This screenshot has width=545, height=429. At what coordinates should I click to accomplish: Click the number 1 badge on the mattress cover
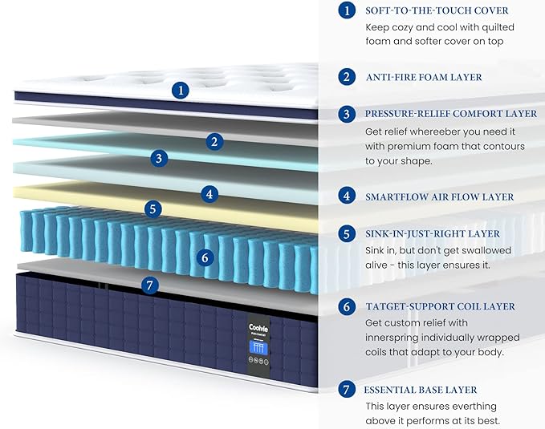(181, 91)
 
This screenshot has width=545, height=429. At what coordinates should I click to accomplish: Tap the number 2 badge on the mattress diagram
(214, 141)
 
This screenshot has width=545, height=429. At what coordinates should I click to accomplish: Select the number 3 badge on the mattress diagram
(159, 159)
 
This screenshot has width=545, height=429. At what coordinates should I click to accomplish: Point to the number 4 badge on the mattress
(209, 194)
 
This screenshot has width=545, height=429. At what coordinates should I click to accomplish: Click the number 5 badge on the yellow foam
(153, 209)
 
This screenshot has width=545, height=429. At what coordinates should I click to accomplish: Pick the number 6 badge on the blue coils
(205, 257)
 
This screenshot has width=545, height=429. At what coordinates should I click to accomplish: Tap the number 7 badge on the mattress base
(150, 285)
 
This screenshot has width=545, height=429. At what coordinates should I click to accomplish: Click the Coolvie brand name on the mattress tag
(258, 328)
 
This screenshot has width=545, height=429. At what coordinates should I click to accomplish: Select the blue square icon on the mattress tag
(258, 347)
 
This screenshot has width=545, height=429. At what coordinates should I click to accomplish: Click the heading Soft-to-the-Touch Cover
(437, 10)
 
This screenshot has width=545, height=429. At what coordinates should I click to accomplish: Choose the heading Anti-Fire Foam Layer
(424, 77)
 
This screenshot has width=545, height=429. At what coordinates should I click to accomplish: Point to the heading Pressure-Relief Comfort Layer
(451, 114)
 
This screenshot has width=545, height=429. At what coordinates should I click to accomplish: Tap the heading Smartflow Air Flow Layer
(440, 197)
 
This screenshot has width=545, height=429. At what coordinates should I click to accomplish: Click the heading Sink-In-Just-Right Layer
(433, 234)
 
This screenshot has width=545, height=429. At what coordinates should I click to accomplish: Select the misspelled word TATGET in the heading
(384, 307)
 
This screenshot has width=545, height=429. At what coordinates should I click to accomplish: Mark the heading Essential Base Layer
(421, 390)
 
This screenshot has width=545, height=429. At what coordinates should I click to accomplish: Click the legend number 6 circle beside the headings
(347, 306)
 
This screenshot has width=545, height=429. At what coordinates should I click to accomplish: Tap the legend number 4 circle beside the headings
(347, 196)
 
